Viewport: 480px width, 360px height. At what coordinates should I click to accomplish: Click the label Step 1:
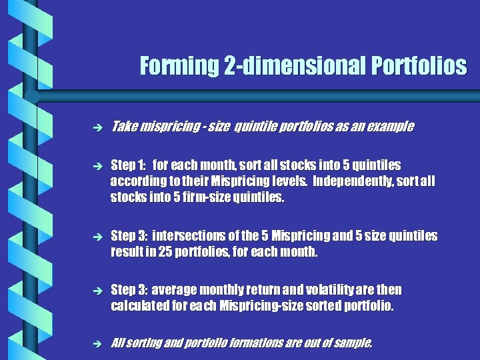pos(127,165)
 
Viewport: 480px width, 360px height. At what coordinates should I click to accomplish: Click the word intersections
pos(187,236)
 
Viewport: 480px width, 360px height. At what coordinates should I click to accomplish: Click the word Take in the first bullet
pos(124,127)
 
